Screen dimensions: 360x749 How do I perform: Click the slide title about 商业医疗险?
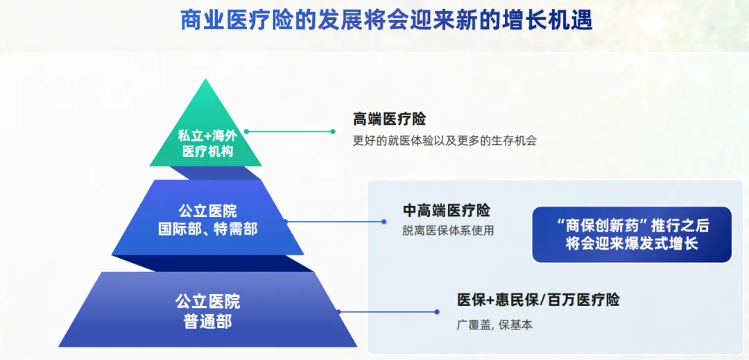(386, 19)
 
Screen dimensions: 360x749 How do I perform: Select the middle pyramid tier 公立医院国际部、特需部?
(207, 219)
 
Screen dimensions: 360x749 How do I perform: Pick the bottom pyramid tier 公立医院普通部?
(207, 311)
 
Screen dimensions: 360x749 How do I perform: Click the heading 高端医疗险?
(389, 119)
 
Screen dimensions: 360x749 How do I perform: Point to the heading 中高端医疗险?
(446, 210)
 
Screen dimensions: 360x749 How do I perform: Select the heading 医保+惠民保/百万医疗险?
(537, 300)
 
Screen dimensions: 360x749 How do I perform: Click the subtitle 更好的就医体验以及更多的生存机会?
(445, 140)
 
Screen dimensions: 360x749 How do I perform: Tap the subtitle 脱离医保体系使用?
(448, 231)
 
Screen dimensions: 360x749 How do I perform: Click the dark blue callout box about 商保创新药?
(631, 234)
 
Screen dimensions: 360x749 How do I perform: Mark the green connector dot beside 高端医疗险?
(333, 131)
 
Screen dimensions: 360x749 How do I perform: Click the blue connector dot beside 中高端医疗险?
(384, 222)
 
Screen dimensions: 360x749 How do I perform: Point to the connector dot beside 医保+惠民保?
(437, 312)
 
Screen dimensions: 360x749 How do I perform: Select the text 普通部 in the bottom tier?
(207, 322)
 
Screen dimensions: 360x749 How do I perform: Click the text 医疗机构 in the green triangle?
(207, 151)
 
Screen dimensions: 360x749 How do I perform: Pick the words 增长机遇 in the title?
(556, 19)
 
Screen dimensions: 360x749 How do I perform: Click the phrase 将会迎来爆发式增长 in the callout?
(631, 244)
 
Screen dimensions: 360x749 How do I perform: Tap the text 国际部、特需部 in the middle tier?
(207, 229)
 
